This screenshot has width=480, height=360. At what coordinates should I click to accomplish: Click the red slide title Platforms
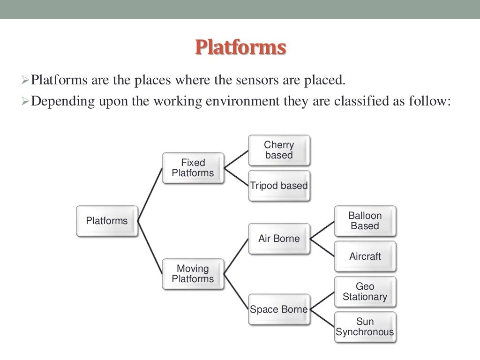[x=240, y=47]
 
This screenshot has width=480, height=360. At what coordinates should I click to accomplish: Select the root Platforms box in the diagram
[x=107, y=221]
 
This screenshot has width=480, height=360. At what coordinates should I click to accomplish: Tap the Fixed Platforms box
[x=193, y=168]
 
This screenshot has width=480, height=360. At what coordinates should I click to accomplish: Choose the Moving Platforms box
[x=193, y=274]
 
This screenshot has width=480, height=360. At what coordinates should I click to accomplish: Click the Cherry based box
[x=279, y=150]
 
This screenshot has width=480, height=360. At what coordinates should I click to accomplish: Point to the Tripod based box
[x=279, y=186]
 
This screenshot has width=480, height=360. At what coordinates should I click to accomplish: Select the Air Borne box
[x=279, y=239]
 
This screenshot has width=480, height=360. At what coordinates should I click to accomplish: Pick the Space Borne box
[x=279, y=309]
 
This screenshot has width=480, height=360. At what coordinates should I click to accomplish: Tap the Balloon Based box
[x=365, y=221]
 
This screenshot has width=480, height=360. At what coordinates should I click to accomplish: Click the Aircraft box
[x=365, y=256]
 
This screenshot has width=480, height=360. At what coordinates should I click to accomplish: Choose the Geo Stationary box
[x=365, y=292]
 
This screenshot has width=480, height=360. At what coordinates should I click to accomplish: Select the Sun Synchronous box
[x=365, y=327]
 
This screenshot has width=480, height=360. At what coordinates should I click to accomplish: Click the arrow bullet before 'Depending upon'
[x=26, y=102]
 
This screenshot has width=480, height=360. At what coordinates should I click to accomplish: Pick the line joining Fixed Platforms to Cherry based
[x=236, y=159]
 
